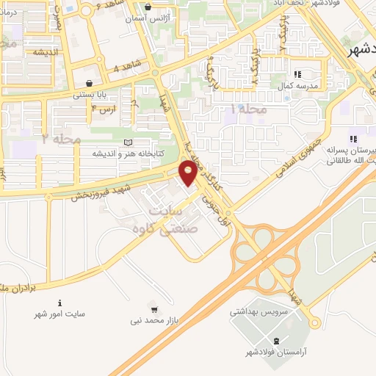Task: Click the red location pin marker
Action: point(189,173)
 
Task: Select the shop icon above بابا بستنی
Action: point(90,82)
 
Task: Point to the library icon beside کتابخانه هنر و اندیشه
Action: point(129,142)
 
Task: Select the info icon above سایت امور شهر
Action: point(59,303)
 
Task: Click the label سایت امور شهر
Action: point(60,314)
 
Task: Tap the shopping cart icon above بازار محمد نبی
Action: point(153,308)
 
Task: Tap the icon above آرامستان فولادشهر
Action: point(276,341)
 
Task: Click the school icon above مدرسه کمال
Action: point(297,74)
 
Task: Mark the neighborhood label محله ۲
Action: point(61,137)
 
